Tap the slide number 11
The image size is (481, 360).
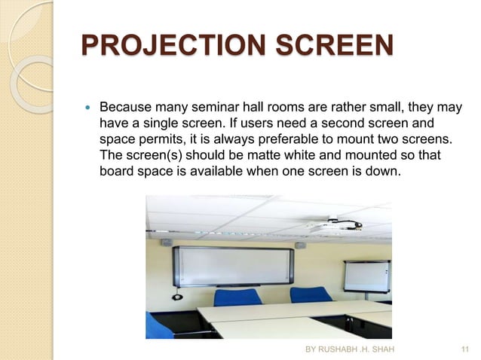(464, 349)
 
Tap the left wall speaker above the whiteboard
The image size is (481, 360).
(167, 243)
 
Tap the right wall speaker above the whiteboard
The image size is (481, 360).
(299, 244)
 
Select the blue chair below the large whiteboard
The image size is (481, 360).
(237, 296)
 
